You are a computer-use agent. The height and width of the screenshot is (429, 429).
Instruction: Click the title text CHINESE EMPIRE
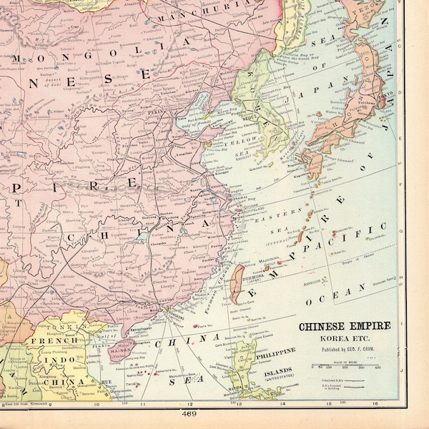click(x=344, y=326)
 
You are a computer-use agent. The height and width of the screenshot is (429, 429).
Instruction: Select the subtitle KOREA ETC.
click(x=344, y=336)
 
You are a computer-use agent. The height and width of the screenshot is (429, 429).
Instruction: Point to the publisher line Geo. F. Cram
click(x=344, y=345)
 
